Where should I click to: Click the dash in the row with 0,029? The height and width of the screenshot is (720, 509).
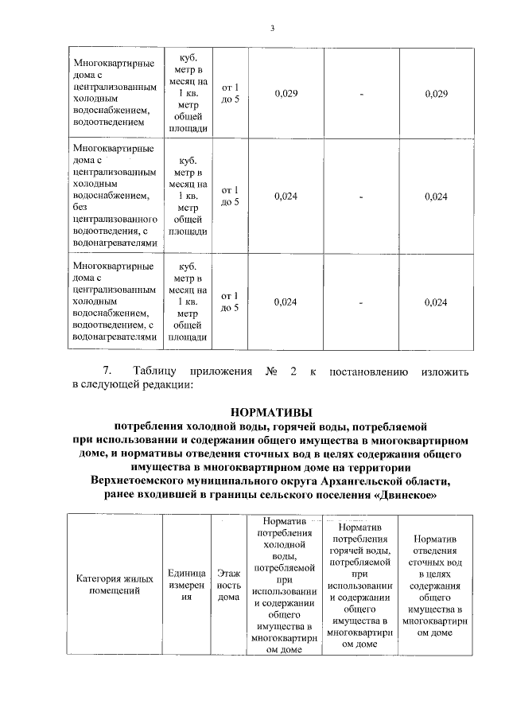click(362, 94)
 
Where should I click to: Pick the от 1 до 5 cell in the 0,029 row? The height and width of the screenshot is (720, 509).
click(228, 94)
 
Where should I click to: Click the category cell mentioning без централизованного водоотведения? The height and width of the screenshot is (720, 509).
click(114, 196)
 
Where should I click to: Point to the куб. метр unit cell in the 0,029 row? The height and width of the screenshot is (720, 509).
click(187, 94)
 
